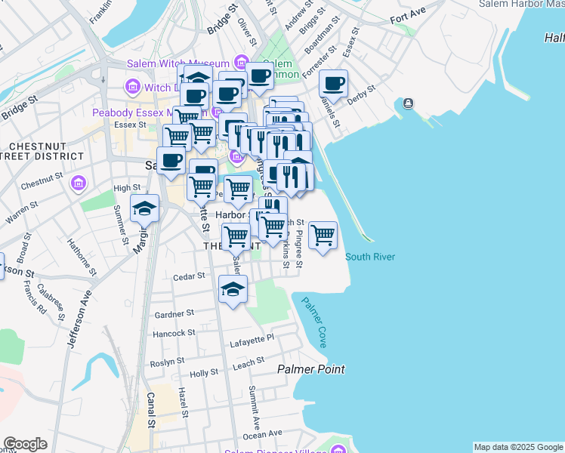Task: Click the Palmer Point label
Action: point(310,369)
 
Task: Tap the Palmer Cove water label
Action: point(314,322)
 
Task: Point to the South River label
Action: point(370,257)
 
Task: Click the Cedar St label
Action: point(189,276)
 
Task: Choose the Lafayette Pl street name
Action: point(252,339)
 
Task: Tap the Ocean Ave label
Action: point(262,434)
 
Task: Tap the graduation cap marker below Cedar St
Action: point(233,289)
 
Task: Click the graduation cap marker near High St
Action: point(144,208)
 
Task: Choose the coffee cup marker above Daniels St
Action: point(333,84)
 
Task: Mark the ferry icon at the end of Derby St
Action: point(409,103)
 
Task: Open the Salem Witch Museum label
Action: point(178,63)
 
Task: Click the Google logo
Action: point(25,444)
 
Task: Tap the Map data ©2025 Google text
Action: point(518,447)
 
